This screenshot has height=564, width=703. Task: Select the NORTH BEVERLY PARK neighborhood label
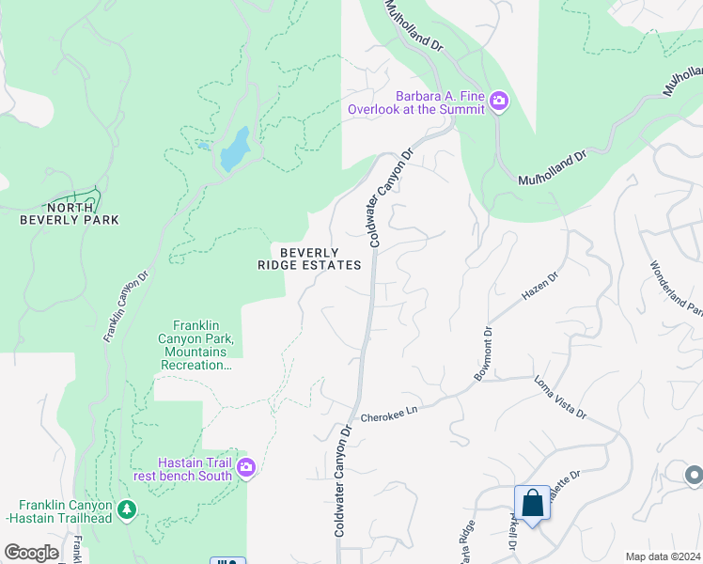click(x=70, y=213)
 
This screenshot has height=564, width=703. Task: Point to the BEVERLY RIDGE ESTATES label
click(x=309, y=258)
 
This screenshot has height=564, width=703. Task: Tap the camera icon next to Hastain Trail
click(x=246, y=467)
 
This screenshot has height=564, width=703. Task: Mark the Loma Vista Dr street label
click(x=560, y=398)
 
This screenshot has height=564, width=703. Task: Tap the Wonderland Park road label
click(x=675, y=288)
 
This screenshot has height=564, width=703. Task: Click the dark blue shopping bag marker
click(x=532, y=504)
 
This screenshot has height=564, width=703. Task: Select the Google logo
click(x=31, y=553)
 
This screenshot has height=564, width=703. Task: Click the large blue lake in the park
click(x=235, y=149)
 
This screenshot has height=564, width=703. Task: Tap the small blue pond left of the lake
click(x=202, y=147)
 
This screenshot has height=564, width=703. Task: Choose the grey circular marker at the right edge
click(x=694, y=475)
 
